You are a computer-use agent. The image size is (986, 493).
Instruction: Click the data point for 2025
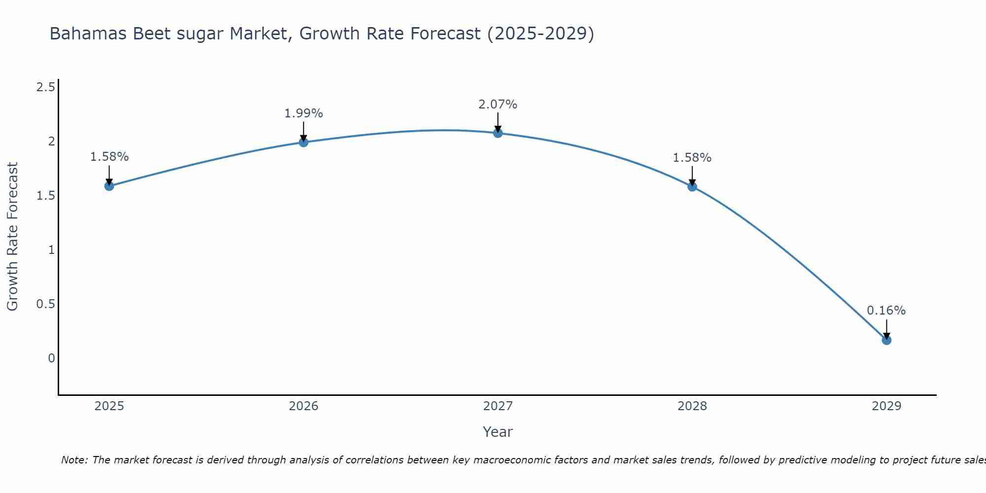click(x=109, y=186)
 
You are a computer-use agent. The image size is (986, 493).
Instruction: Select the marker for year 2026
click(x=304, y=142)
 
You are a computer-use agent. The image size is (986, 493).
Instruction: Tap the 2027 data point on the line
click(x=498, y=133)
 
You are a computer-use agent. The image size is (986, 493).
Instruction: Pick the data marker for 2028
click(x=692, y=186)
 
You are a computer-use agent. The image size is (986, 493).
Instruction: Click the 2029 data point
click(x=886, y=340)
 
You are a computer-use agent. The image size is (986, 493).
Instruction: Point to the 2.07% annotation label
click(x=498, y=105)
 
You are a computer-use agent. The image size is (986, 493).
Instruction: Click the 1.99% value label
click(x=304, y=113)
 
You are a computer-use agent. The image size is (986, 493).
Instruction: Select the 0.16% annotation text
click(x=886, y=311)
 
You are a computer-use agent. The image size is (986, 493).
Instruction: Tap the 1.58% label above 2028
click(x=692, y=158)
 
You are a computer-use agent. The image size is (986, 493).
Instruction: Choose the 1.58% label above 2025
click(x=109, y=157)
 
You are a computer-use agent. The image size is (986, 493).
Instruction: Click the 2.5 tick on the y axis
click(x=45, y=87)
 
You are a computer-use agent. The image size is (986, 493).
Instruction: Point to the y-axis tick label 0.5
click(x=45, y=304)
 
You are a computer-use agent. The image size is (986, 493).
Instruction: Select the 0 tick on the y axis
click(x=51, y=358)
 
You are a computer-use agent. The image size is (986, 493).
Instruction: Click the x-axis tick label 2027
click(x=498, y=406)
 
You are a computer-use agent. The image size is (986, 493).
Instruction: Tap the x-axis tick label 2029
click(x=886, y=406)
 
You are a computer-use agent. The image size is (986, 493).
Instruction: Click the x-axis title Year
click(x=498, y=432)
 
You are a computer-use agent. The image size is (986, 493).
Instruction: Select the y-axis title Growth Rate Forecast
click(x=12, y=237)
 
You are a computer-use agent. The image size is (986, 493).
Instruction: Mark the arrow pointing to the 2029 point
click(x=886, y=329)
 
